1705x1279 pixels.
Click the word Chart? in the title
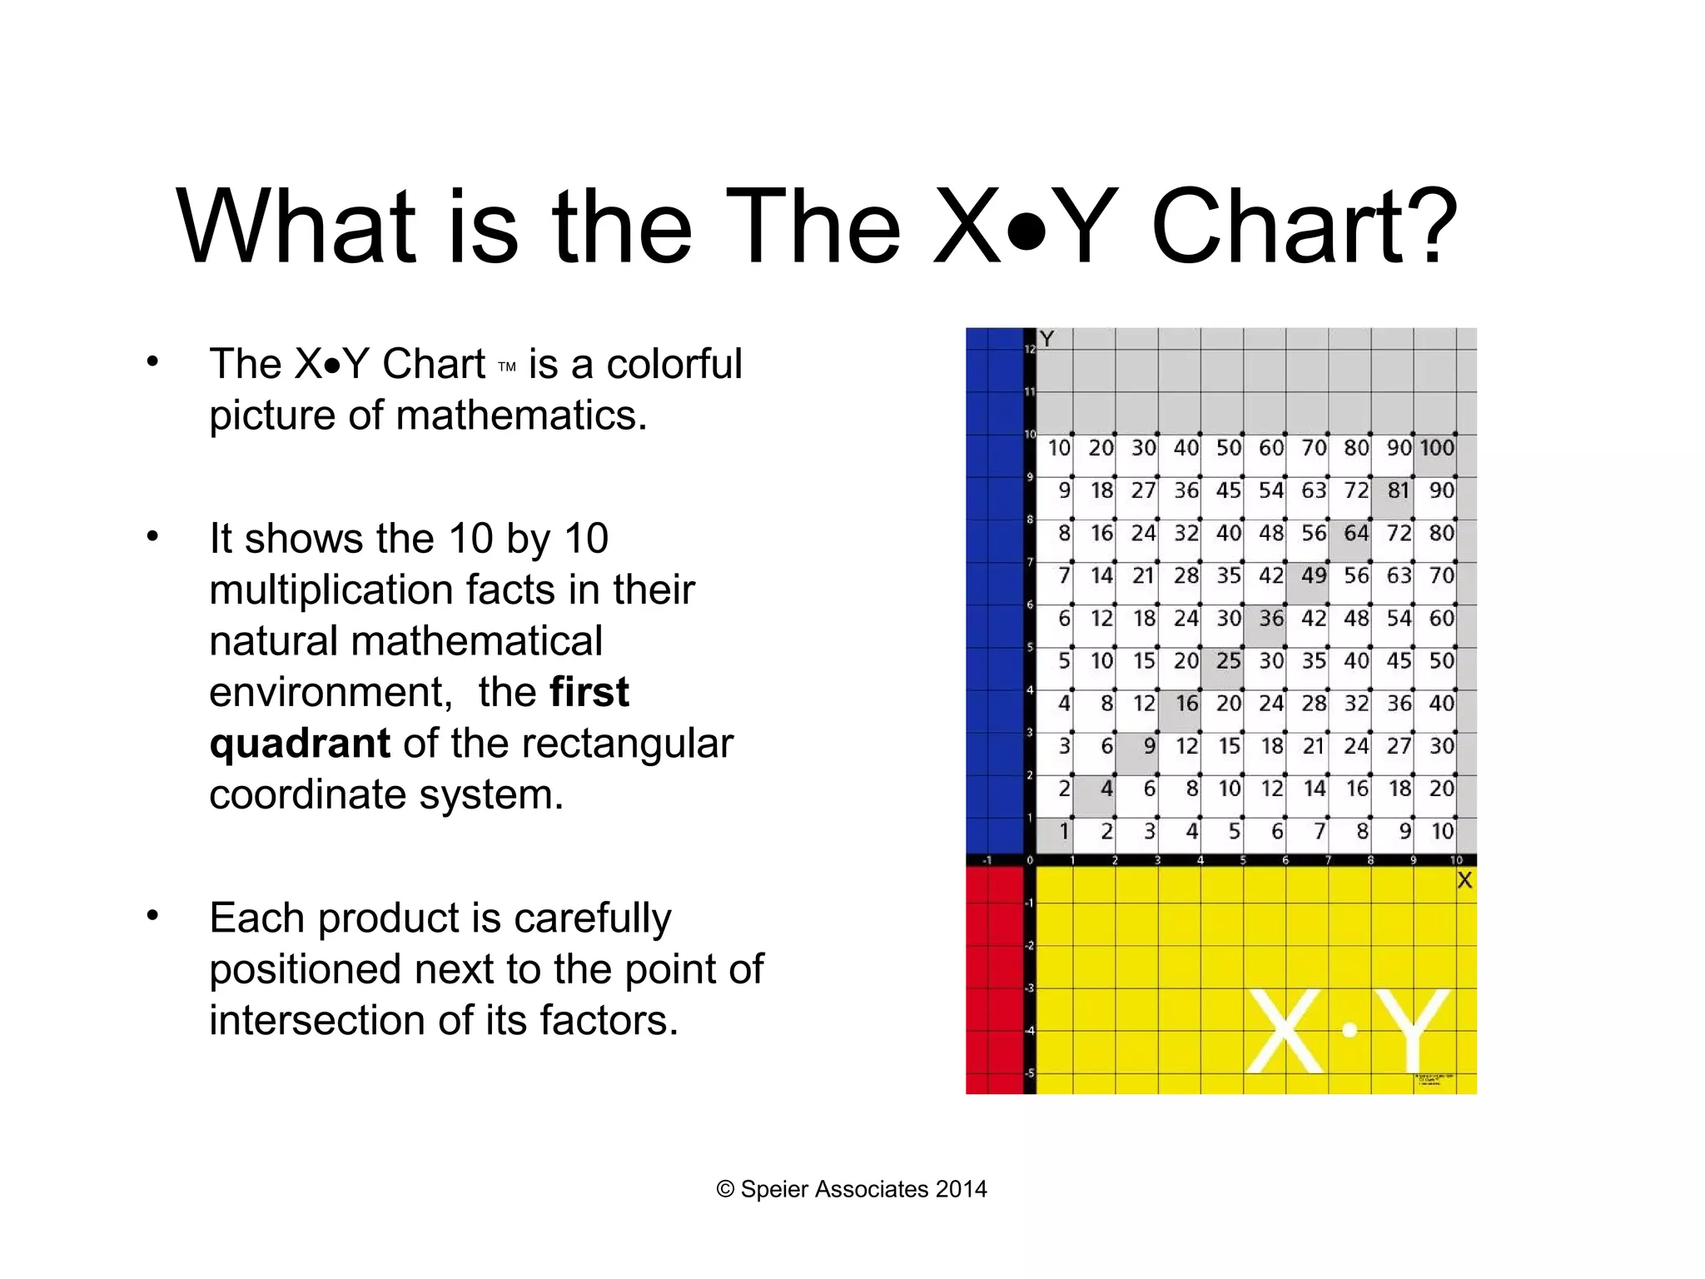(1303, 226)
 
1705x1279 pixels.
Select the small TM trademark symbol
(507, 366)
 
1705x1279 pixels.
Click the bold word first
(589, 692)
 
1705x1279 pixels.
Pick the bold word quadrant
(300, 743)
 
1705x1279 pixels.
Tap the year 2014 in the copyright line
(961, 1189)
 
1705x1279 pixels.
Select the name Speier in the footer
(774, 1189)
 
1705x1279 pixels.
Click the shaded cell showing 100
(1436, 449)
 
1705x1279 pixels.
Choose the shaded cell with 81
(1398, 491)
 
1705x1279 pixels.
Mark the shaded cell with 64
(1355, 534)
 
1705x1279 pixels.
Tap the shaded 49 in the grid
(1313, 576)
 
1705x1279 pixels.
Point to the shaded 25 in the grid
(1228, 662)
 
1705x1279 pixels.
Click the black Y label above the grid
(1047, 340)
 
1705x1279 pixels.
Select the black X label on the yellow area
(1464, 881)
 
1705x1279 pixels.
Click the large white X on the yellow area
(1285, 1031)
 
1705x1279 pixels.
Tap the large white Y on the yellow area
(1413, 1031)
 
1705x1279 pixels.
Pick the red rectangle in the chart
(994, 980)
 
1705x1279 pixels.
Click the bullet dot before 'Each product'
(152, 916)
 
